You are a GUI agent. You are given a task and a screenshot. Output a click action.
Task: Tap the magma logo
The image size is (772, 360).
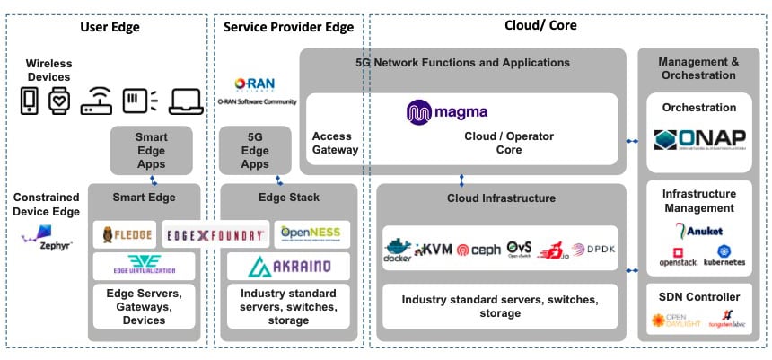pos(447,112)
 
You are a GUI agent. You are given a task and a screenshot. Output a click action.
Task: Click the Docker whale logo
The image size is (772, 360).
pos(397,249)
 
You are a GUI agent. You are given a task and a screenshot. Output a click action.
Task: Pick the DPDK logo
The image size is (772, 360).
pos(594,249)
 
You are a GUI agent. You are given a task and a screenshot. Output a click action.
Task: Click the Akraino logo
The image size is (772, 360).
pos(288,267)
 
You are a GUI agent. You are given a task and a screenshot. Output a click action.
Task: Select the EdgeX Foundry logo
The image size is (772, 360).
pos(215,235)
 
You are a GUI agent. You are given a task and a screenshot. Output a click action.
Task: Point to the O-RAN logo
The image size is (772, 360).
pos(252,85)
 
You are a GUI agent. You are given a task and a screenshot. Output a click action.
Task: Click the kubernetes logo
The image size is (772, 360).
pos(724,256)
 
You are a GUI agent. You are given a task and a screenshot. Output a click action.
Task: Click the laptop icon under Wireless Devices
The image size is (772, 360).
pos(187,100)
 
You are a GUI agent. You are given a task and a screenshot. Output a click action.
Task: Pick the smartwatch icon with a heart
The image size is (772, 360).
pos(58,100)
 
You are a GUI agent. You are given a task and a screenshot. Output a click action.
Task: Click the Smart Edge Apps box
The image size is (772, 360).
pos(152,150)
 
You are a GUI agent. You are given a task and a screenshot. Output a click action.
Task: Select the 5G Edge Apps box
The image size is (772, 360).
pos(255,150)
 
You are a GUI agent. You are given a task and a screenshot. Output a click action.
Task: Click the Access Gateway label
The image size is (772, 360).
pos(335,143)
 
